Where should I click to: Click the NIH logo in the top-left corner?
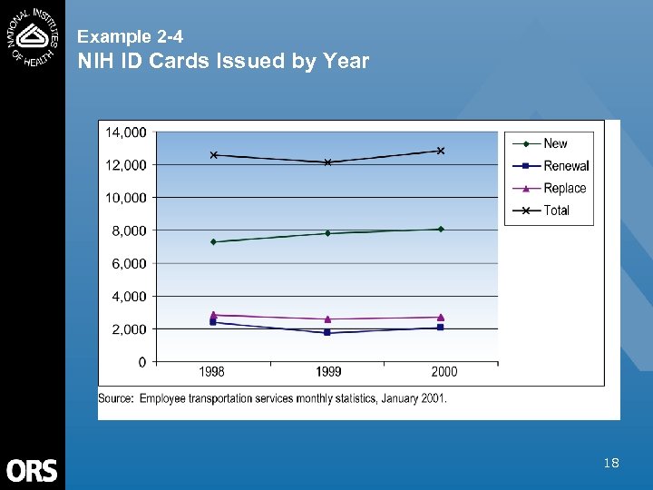coord(33,34)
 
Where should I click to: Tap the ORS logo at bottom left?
coord(32,470)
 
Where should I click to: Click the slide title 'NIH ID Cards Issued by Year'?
coord(223,62)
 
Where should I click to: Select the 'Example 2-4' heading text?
coord(130,37)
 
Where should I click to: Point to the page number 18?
coord(611,464)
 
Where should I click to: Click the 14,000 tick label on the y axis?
coord(126,132)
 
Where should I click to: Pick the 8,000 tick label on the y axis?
coord(129,230)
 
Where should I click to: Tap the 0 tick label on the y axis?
coord(143,362)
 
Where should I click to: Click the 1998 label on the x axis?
coord(212,372)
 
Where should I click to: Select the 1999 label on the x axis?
coord(328,372)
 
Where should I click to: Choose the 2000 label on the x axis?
coord(443,372)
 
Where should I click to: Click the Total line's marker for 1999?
coord(327,162)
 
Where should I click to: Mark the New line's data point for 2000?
coord(441,229)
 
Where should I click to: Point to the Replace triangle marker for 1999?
coord(327,318)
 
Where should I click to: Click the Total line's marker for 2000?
coord(441,151)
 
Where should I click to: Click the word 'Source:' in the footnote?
coord(117,397)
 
